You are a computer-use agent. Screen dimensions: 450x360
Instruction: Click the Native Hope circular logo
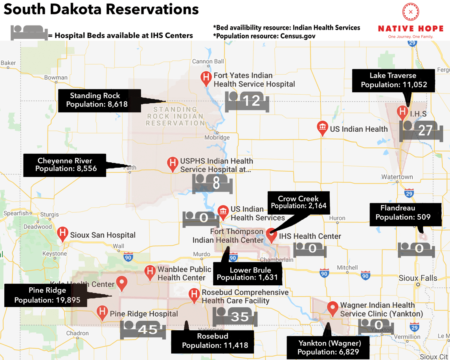click(411, 12)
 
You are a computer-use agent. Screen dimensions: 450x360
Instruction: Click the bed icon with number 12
click(247, 101)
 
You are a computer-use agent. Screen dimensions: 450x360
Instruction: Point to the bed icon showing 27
click(421, 130)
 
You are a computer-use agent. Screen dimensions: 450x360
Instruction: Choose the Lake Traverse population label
click(393, 80)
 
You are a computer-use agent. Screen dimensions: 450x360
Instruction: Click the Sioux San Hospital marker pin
click(62, 233)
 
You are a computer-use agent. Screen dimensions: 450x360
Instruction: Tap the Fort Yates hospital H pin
click(206, 78)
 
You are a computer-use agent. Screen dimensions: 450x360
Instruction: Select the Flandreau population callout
click(403, 213)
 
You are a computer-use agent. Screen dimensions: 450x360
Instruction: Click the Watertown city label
click(397, 177)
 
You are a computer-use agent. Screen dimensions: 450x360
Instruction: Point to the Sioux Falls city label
click(417, 278)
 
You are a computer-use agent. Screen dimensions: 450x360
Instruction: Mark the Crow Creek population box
click(298, 202)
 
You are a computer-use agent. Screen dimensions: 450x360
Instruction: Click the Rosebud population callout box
click(212, 341)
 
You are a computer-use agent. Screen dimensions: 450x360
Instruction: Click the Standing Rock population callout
click(99, 100)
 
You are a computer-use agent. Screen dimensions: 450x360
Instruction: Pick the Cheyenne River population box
click(65, 165)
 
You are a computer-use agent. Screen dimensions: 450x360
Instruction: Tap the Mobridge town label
click(217, 138)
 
